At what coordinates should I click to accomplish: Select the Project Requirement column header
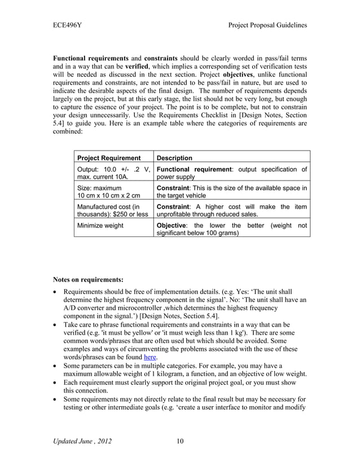point(108,158)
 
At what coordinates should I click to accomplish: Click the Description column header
point(174,158)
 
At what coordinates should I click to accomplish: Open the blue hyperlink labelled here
point(150,357)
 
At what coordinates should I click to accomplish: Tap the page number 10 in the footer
point(179,441)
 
